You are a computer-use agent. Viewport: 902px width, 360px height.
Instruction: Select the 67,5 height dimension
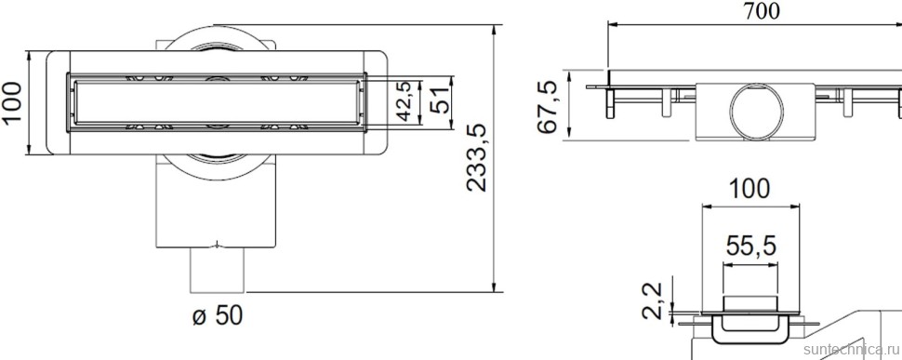(550, 107)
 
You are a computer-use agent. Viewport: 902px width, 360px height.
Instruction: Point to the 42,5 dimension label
(404, 100)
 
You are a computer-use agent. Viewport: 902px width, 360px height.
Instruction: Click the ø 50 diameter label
(217, 316)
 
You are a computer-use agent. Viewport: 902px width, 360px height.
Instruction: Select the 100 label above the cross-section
(749, 189)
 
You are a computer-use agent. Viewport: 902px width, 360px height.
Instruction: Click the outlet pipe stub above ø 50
(218, 270)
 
